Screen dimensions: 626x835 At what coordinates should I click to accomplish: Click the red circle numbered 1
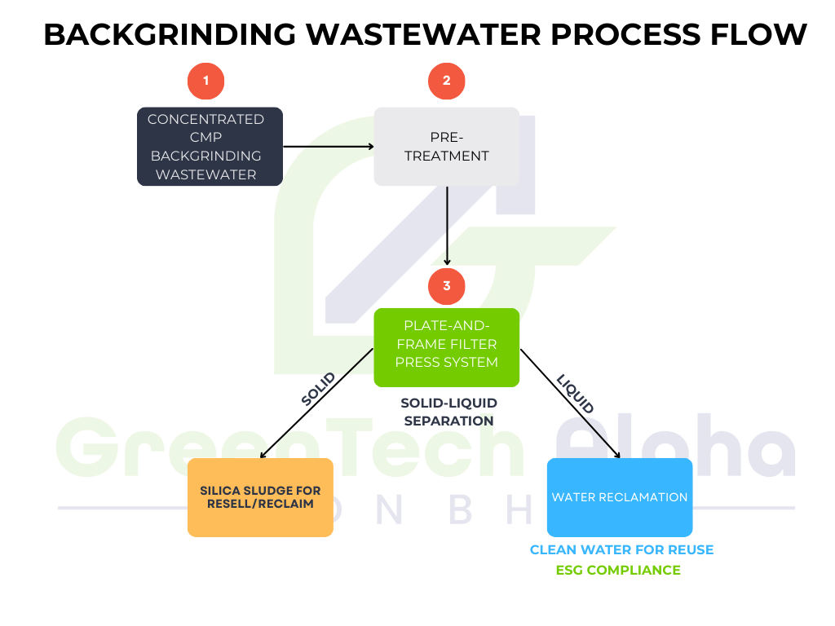(206, 81)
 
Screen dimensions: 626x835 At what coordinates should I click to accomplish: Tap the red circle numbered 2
(446, 81)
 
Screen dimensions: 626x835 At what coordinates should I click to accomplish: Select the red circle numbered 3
(446, 286)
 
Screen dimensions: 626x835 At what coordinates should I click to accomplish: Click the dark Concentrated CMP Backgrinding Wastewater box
(210, 147)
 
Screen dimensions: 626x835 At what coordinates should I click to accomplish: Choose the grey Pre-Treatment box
(446, 147)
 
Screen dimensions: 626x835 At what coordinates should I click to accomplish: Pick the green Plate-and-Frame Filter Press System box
(446, 347)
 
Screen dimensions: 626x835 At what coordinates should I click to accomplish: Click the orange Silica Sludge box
(260, 497)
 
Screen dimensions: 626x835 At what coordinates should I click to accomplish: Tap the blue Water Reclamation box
(620, 497)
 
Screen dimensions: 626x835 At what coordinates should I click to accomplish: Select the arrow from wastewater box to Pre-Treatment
(328, 147)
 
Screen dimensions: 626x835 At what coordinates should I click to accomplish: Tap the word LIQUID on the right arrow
(576, 394)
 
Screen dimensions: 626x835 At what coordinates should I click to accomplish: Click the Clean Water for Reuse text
(621, 550)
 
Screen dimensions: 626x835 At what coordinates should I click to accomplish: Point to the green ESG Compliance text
(618, 571)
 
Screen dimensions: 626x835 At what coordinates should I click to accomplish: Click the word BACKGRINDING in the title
(170, 34)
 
